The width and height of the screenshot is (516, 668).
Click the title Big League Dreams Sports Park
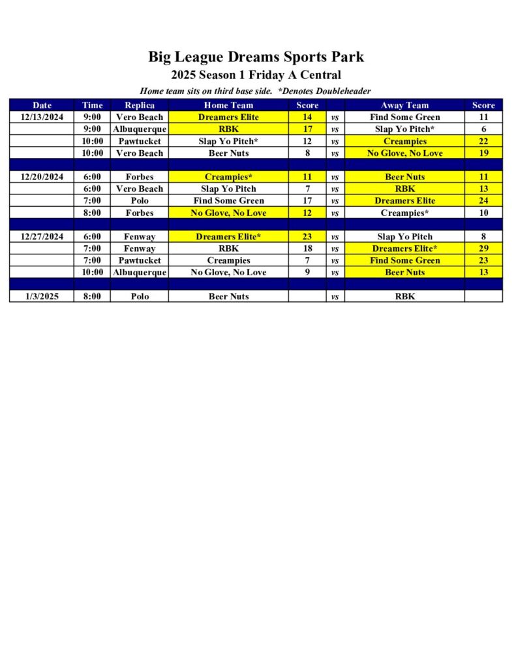point(256,57)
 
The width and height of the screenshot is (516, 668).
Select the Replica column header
point(140,105)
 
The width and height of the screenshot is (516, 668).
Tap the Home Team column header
point(228,105)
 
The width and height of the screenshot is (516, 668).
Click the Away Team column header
point(404,105)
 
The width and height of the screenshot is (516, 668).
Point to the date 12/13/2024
point(42,117)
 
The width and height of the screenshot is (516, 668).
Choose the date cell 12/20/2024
point(42,177)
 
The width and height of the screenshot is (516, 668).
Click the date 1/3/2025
point(42,296)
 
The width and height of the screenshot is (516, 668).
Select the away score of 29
point(483,249)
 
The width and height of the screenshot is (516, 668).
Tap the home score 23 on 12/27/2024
point(307,237)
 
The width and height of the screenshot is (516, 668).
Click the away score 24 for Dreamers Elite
point(483,201)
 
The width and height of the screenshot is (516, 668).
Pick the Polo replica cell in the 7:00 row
point(140,201)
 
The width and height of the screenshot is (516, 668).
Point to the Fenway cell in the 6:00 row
point(140,237)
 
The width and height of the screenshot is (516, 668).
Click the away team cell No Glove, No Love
point(404,153)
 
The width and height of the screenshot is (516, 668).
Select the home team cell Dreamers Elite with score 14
point(228,117)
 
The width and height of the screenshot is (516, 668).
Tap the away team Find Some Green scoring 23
point(404,260)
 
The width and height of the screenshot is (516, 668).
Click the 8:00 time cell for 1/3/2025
point(93,296)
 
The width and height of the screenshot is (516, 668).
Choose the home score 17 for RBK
point(307,129)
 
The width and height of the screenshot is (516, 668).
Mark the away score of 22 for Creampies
point(483,141)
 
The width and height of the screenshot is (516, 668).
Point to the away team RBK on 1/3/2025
point(404,296)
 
